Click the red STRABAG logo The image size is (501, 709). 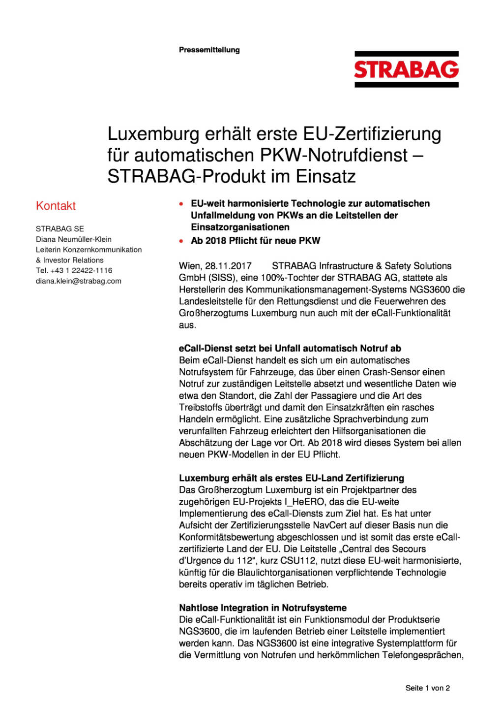click(406, 69)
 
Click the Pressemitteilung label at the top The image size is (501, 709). click(209, 50)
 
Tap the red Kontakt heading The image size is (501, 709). click(56, 206)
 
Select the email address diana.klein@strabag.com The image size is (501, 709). click(78, 281)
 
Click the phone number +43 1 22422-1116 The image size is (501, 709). click(81, 270)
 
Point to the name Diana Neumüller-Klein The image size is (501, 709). click(73, 239)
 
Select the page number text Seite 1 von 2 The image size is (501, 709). click(427, 688)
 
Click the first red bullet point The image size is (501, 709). click(181, 204)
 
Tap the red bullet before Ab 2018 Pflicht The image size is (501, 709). click(181, 241)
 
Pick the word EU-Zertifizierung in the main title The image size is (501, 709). click(372, 134)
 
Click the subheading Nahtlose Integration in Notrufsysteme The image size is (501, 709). click(263, 608)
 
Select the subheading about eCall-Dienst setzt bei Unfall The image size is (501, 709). click(290, 348)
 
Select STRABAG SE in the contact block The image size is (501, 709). click(59, 228)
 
